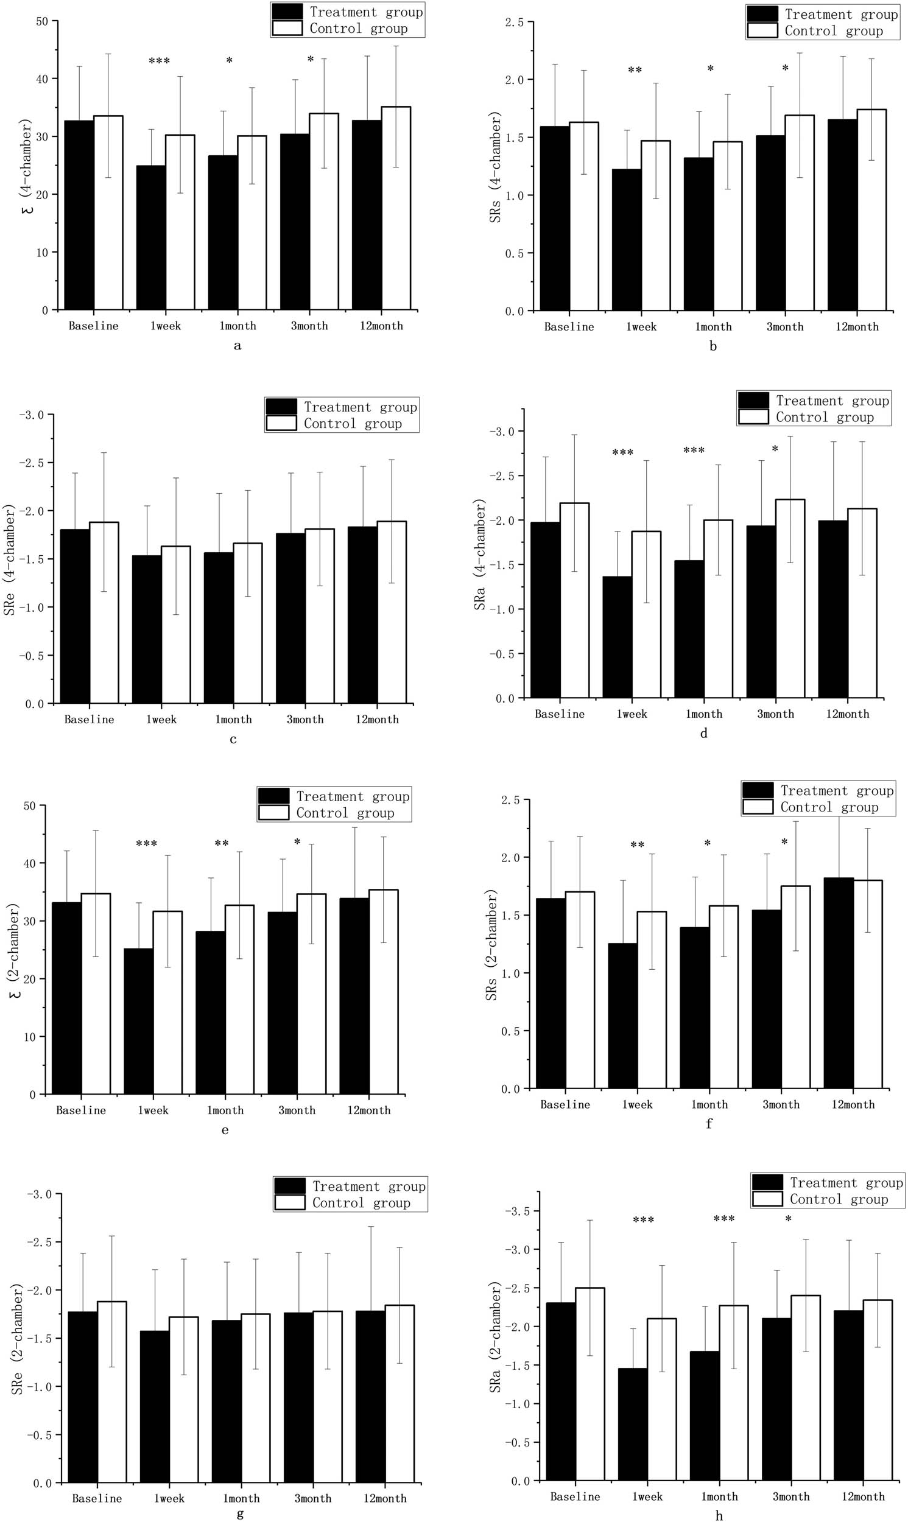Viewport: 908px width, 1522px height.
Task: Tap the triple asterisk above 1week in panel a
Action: pyautogui.click(x=159, y=61)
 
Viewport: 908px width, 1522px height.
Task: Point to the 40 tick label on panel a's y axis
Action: pyautogui.click(x=41, y=79)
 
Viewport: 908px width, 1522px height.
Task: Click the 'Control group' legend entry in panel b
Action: pyautogui.click(x=833, y=31)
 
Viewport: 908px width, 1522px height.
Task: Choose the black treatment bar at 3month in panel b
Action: pyautogui.click(x=770, y=223)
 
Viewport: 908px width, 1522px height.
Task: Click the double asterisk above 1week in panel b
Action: pyautogui.click(x=635, y=71)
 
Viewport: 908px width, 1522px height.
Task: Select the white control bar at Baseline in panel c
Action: pyautogui.click(x=104, y=612)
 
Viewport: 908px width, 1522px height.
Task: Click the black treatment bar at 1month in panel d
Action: pyautogui.click(x=689, y=629)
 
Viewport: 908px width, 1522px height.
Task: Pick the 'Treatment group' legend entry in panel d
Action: pyautogui.click(x=831, y=401)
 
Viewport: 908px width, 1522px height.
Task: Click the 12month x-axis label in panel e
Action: pyautogui.click(x=368, y=1110)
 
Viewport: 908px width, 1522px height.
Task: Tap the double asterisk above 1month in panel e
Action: pyautogui.click(x=222, y=844)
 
